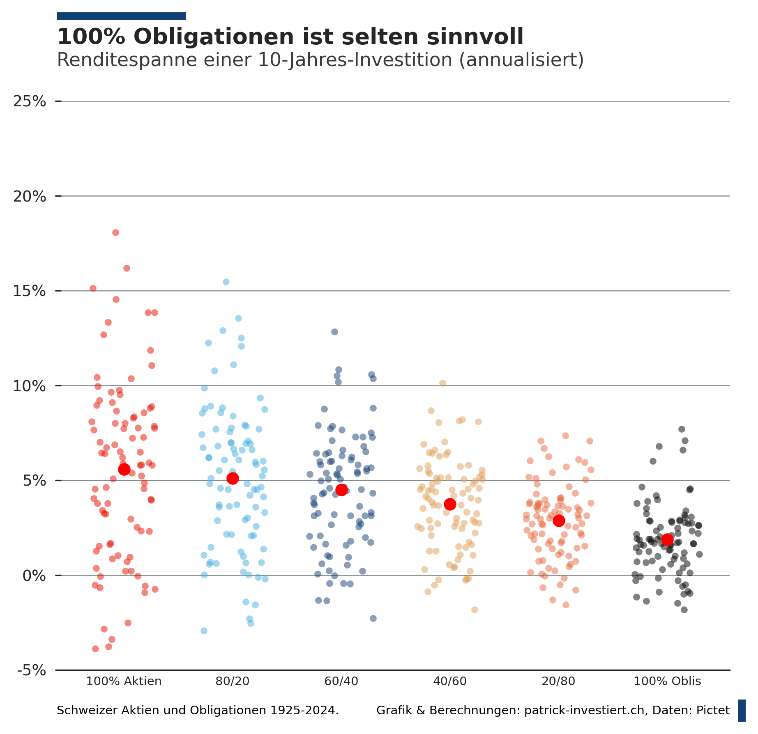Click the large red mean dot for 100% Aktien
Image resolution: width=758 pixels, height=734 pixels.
click(124, 469)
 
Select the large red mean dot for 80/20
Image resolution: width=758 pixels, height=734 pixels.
click(233, 478)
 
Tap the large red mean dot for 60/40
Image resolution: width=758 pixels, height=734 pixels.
click(341, 490)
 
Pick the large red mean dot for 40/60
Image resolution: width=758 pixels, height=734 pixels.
click(450, 504)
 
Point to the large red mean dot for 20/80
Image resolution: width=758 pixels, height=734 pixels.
click(559, 521)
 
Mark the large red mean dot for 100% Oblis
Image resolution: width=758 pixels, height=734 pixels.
click(667, 539)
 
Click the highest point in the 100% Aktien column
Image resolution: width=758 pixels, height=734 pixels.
click(115, 232)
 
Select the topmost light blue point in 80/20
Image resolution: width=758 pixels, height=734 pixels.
click(226, 282)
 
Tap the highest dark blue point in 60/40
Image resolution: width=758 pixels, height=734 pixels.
click(334, 332)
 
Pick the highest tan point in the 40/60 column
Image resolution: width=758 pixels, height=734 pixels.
click(442, 383)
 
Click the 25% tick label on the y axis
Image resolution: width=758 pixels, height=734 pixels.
click(30, 101)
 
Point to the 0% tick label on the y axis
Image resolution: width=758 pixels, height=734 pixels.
click(34, 576)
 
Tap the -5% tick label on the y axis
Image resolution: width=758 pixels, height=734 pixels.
click(32, 670)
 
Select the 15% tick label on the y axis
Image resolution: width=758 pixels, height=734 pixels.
click(30, 291)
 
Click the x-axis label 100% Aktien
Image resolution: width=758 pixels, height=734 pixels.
click(124, 681)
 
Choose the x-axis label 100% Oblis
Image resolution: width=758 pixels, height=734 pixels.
click(667, 681)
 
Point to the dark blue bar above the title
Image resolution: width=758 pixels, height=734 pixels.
click(121, 16)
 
